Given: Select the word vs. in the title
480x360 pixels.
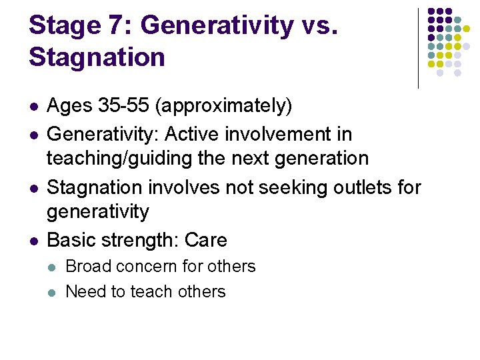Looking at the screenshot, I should coord(323,25).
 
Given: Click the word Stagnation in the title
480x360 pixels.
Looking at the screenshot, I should coord(97,57).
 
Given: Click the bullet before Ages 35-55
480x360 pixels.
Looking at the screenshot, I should coord(34,107).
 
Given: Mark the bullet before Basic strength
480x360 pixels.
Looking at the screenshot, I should coord(34,241).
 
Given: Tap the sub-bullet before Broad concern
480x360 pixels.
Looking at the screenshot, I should coord(53,267).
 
